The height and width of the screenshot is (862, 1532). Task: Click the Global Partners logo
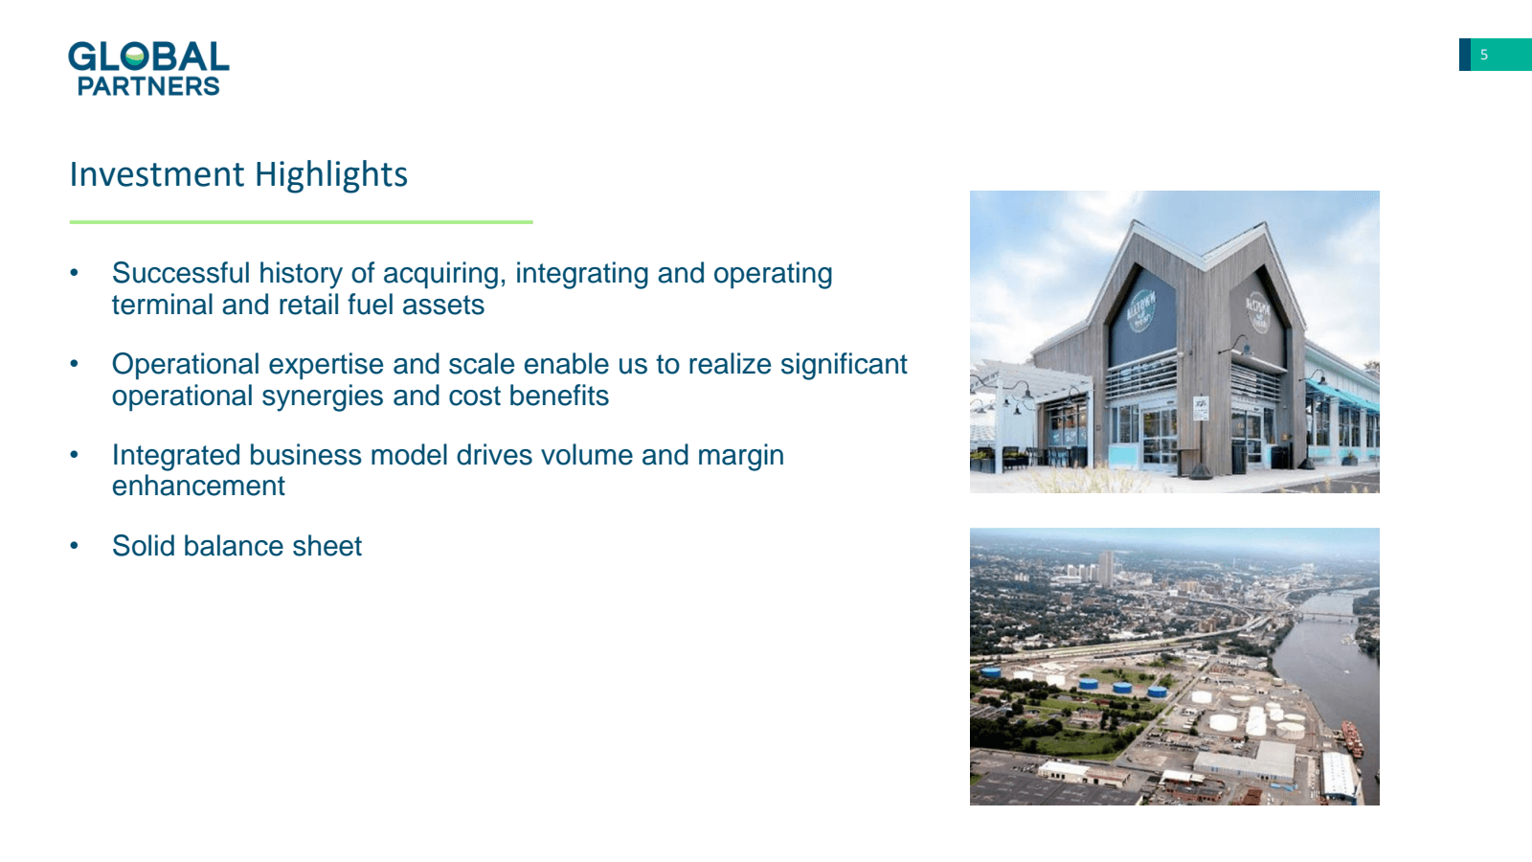tap(148, 68)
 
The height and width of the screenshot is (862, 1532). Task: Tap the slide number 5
tap(1484, 55)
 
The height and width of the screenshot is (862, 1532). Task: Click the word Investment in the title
tap(157, 173)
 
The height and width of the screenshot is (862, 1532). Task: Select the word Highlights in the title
tap(331, 175)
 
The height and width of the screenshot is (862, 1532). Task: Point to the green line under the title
tap(301, 221)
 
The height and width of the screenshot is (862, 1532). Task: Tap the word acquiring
tap(444, 274)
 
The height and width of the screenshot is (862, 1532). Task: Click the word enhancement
tap(198, 486)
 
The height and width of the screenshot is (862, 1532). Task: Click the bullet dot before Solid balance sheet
tap(75, 546)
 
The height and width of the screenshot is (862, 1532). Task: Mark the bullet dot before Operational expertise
tap(75, 364)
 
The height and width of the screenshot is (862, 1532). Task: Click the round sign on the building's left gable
tap(1140, 312)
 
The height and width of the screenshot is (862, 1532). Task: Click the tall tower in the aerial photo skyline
tap(1106, 568)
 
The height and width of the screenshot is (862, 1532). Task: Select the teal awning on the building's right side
tap(1341, 397)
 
